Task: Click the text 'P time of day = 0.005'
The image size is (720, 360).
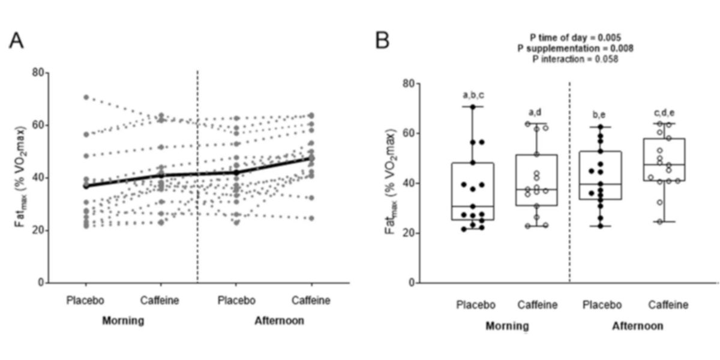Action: tap(575, 37)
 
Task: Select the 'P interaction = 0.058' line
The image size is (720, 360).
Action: tap(575, 59)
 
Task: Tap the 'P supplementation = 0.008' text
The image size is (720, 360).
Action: tap(575, 48)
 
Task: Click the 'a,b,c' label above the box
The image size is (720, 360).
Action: tap(473, 95)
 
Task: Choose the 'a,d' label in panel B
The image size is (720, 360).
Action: tap(537, 112)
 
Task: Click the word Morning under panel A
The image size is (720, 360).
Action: tap(122, 320)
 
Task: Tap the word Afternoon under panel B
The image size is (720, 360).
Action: tap(637, 326)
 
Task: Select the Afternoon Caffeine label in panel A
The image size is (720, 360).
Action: tap(310, 300)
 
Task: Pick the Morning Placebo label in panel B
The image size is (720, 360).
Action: tap(476, 305)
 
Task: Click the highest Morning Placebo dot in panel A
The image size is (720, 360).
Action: tap(86, 97)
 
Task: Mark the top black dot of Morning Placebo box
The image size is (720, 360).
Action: tap(473, 107)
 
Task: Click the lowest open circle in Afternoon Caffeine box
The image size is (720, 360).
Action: tap(660, 221)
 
